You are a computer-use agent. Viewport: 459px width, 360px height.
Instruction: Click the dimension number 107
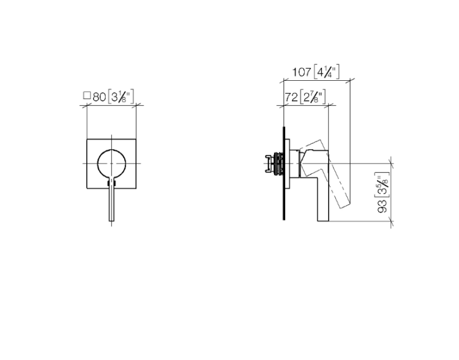click(x=301, y=72)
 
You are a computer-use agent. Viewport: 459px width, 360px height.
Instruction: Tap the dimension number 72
click(x=291, y=97)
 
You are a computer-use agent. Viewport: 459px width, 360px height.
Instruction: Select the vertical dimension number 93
click(x=382, y=206)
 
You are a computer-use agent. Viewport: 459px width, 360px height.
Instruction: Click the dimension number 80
click(x=99, y=97)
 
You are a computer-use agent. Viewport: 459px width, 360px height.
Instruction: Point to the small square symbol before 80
click(x=87, y=96)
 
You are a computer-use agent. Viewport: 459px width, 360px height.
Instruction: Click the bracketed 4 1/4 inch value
click(x=326, y=72)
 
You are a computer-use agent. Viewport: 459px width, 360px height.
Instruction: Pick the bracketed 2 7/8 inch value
click(x=313, y=97)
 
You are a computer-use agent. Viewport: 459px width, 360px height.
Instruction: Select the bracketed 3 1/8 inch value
click(x=121, y=97)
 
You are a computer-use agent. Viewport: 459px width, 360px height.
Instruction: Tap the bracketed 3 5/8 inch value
click(x=382, y=185)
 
